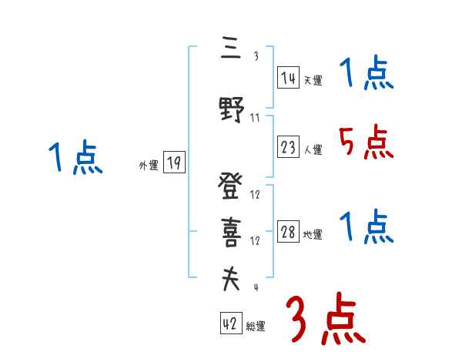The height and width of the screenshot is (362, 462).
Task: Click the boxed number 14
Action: tap(288, 77)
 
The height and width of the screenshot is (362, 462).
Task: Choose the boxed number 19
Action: tap(174, 163)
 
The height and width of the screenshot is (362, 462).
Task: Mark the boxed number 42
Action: tap(230, 324)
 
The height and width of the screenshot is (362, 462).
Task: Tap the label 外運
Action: tap(148, 165)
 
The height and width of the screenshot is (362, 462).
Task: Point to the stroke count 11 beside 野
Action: tap(256, 118)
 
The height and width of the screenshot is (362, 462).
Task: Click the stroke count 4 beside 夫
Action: tap(256, 288)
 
